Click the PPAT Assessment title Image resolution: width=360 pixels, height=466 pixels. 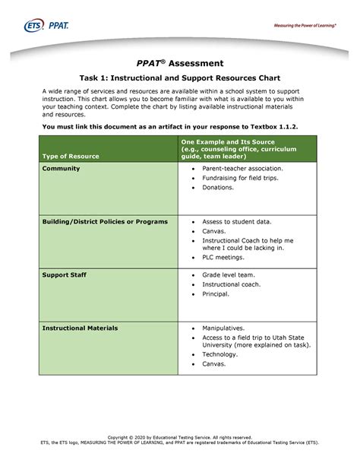pyautogui.click(x=180, y=63)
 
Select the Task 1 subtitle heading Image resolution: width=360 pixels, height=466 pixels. pyautogui.click(x=180, y=78)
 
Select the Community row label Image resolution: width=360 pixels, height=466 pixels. pyautogui.click(x=62, y=167)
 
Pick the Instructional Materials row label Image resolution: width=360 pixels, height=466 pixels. pyautogui.click(x=80, y=328)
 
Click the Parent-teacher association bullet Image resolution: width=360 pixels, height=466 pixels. pyautogui.click(x=242, y=168)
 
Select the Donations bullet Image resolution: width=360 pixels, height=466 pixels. pyautogui.click(x=218, y=187)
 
